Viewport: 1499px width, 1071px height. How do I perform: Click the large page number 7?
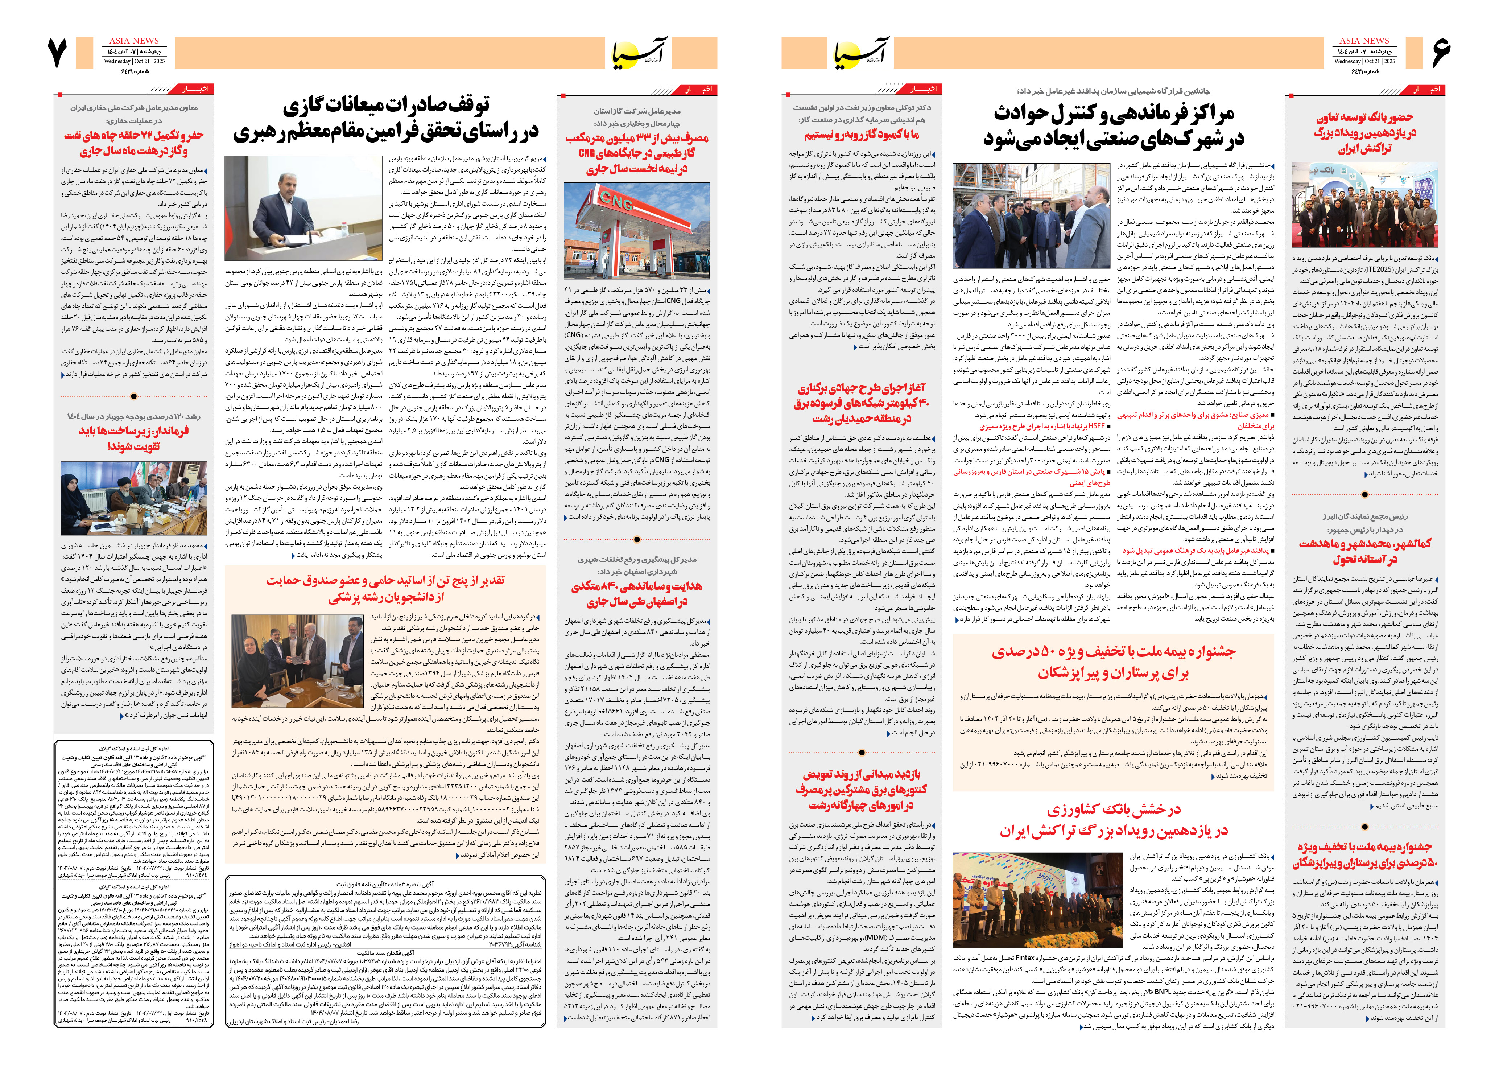pyautogui.click(x=58, y=53)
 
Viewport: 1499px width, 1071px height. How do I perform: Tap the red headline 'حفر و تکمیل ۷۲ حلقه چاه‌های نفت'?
pyautogui.click(x=134, y=136)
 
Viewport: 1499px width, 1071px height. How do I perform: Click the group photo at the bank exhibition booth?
pyautogui.click(x=1364, y=206)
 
